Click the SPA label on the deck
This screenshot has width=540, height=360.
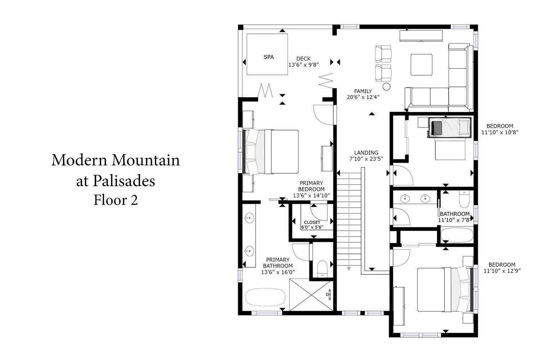pos(269,57)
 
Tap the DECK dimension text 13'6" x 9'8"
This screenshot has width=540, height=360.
pos(303,65)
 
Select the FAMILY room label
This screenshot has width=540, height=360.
pos(363,91)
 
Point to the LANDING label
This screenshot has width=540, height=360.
pos(366,153)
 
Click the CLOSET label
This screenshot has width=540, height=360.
pos(312,222)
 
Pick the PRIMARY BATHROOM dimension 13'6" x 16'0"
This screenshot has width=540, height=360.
pos(278,272)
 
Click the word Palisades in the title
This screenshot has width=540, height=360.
pos(124,181)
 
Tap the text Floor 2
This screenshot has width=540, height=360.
pos(116,200)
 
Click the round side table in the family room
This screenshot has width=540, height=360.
pos(386,86)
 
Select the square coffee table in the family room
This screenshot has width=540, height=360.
pos(422,65)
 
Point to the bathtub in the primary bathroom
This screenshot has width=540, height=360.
pos(265,297)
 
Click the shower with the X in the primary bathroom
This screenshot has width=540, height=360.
pos(311,294)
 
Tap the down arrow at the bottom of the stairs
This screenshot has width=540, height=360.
pos(349,269)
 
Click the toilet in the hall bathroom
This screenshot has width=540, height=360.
pos(464,199)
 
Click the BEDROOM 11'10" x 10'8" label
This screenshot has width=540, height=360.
pos(500,129)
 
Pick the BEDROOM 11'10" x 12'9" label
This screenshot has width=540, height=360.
pos(502,267)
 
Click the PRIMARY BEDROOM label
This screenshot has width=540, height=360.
pos(311,186)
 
